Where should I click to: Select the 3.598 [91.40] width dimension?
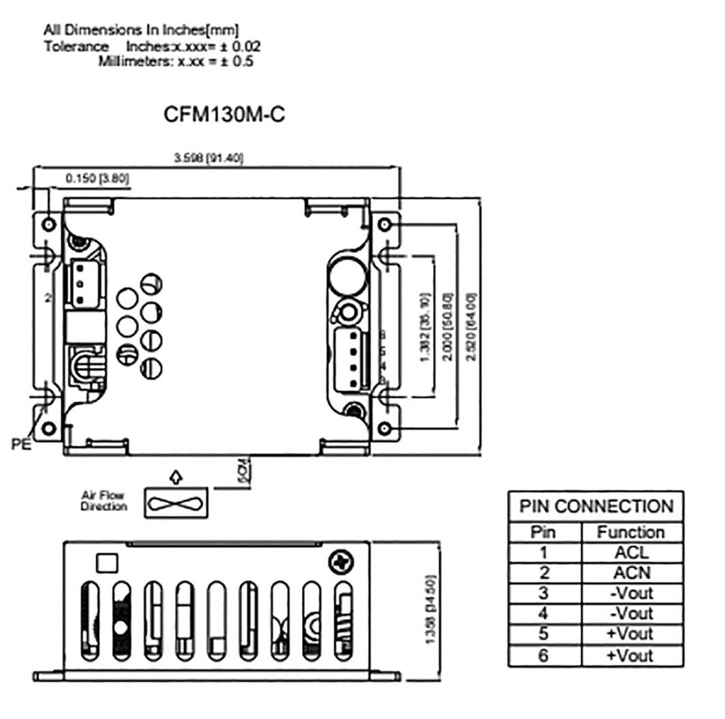tap(209, 159)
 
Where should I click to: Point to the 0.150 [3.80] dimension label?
tap(98, 179)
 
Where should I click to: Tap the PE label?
tap(21, 444)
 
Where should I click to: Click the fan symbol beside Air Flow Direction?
tap(176, 502)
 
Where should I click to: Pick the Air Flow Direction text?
tap(103, 501)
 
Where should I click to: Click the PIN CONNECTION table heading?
tap(595, 507)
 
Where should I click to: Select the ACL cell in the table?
tap(631, 553)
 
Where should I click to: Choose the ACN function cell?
tap(631, 573)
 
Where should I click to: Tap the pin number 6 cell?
tap(543, 655)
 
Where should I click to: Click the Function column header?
tap(631, 532)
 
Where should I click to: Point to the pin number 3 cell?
tap(543, 593)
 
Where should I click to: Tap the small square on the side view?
tap(106, 563)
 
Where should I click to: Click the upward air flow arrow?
tap(176, 476)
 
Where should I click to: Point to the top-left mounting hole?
tap(48, 224)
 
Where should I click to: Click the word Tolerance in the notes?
tap(76, 47)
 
